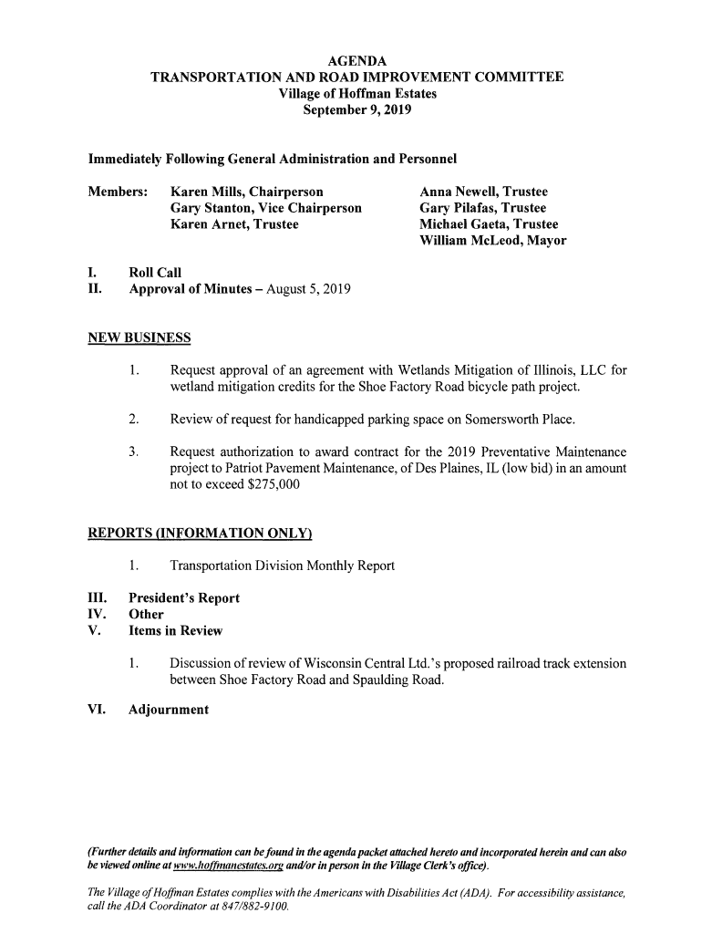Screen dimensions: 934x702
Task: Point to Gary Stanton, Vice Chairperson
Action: coord(266,208)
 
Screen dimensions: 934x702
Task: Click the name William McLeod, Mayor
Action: coord(492,241)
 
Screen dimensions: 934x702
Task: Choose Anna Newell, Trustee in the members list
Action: coord(483,192)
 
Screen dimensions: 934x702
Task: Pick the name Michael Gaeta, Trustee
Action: coord(488,224)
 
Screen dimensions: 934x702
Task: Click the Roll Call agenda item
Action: coord(155,273)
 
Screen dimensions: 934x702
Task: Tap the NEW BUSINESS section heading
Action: coord(139,339)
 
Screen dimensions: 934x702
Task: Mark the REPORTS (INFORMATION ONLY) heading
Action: coord(200,534)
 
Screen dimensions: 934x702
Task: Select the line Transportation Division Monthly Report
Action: coord(282,566)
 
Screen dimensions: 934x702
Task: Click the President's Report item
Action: coord(184,598)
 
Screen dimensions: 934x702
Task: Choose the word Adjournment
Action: coord(169,709)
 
